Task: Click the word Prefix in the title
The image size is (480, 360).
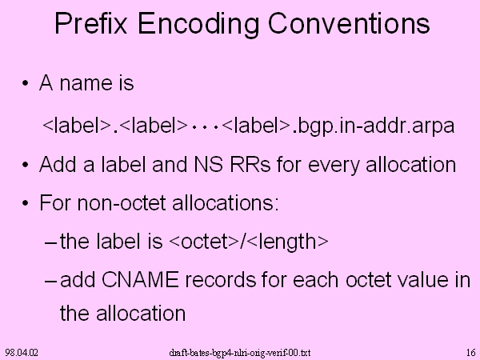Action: coord(91,23)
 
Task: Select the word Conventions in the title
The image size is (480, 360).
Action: coord(349,23)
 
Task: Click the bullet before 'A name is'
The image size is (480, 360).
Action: coord(25,83)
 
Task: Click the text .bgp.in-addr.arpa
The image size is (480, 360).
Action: coord(374,126)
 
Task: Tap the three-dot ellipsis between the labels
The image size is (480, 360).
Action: coord(205,126)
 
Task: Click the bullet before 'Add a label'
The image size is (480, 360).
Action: coord(25,165)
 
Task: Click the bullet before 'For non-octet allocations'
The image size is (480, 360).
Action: coord(25,203)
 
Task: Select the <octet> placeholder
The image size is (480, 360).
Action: coord(203,242)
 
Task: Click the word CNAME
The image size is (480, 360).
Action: coord(140,279)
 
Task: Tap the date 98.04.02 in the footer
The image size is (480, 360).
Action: coord(22,353)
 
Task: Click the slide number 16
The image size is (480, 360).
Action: coord(471,353)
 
